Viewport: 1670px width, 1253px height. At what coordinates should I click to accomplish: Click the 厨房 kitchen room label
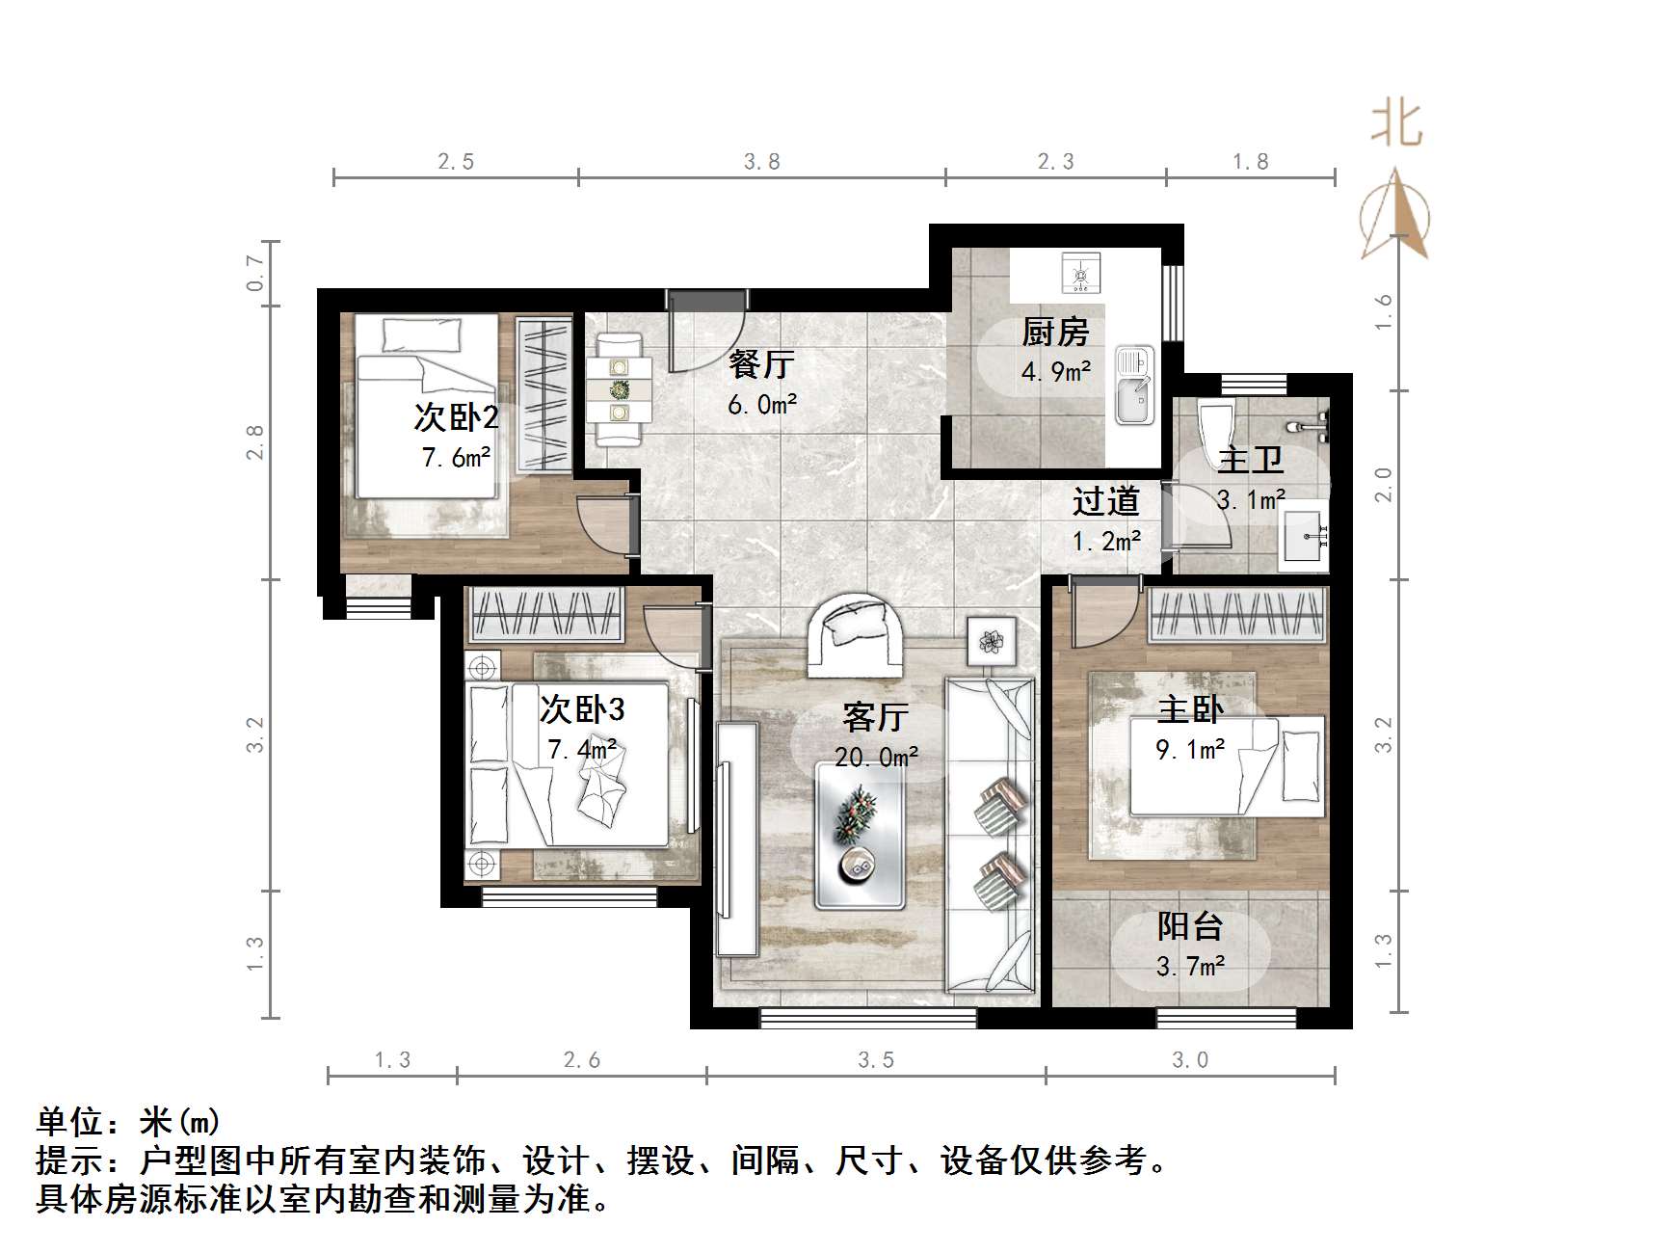tap(1055, 333)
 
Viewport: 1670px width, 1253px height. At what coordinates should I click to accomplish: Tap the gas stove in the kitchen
tap(1080, 273)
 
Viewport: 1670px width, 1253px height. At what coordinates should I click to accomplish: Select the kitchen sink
tap(1135, 386)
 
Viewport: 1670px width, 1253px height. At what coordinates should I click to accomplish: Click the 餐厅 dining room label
tap(761, 364)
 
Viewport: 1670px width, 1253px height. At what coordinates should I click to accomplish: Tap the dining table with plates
tap(618, 389)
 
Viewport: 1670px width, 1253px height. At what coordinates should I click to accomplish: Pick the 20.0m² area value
tap(876, 758)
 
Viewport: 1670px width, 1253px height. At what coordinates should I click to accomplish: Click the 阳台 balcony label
tap(1190, 927)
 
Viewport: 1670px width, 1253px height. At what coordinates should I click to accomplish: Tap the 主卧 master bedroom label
tap(1190, 710)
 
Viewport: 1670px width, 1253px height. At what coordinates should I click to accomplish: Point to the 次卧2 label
tap(456, 418)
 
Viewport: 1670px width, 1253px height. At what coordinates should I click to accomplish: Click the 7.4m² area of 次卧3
tap(582, 749)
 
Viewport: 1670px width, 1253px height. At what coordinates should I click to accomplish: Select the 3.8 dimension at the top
tap(761, 162)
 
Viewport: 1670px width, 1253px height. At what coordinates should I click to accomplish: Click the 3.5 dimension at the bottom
tap(876, 1060)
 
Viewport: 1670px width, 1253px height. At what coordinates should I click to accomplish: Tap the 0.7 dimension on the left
tap(255, 273)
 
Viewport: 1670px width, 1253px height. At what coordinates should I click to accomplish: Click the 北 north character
tap(1396, 124)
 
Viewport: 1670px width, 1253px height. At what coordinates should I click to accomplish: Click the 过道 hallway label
tap(1105, 501)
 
